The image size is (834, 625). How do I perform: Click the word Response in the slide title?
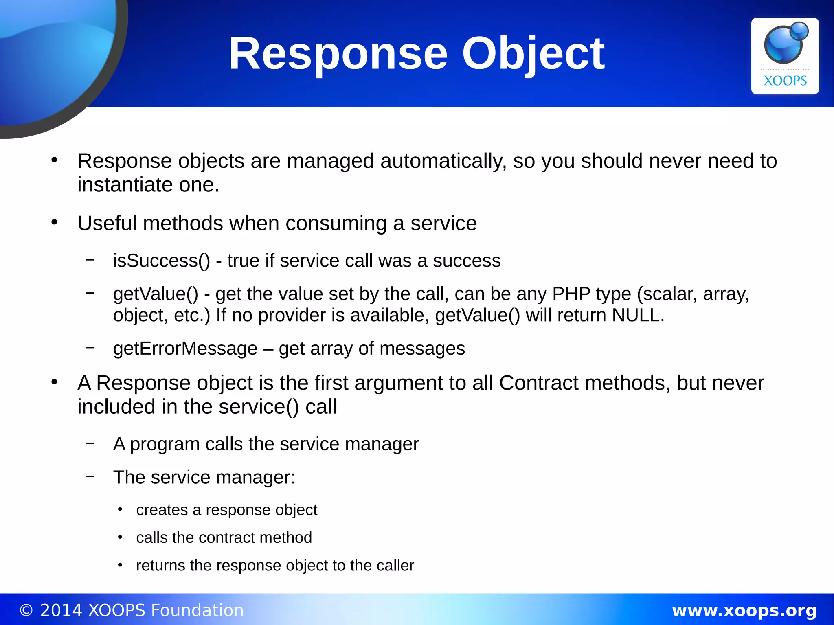[x=338, y=54]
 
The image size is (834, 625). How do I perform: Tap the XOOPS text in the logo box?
[x=785, y=81]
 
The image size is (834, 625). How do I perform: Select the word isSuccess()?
[x=162, y=261]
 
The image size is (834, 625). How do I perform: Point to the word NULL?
[x=638, y=315]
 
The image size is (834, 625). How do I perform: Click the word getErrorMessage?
[x=185, y=349]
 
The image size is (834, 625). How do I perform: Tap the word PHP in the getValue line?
[x=571, y=294]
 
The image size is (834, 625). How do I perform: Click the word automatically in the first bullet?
[x=443, y=161]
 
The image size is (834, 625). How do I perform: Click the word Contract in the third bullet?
[x=539, y=383]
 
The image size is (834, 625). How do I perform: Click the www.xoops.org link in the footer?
[x=744, y=610]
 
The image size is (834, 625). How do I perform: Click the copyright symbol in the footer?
[x=26, y=610]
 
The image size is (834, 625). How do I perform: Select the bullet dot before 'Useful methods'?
[x=55, y=222]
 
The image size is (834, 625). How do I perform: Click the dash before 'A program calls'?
[x=90, y=442]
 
